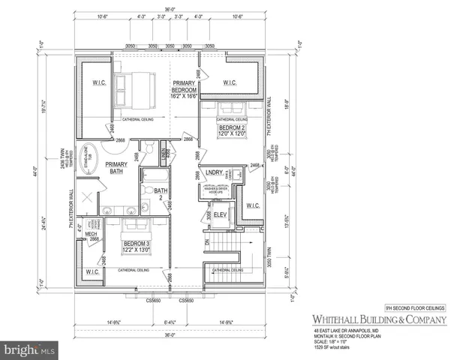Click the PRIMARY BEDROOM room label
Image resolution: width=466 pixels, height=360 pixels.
tap(184, 89)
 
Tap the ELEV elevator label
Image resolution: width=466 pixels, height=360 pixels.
tap(220, 215)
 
